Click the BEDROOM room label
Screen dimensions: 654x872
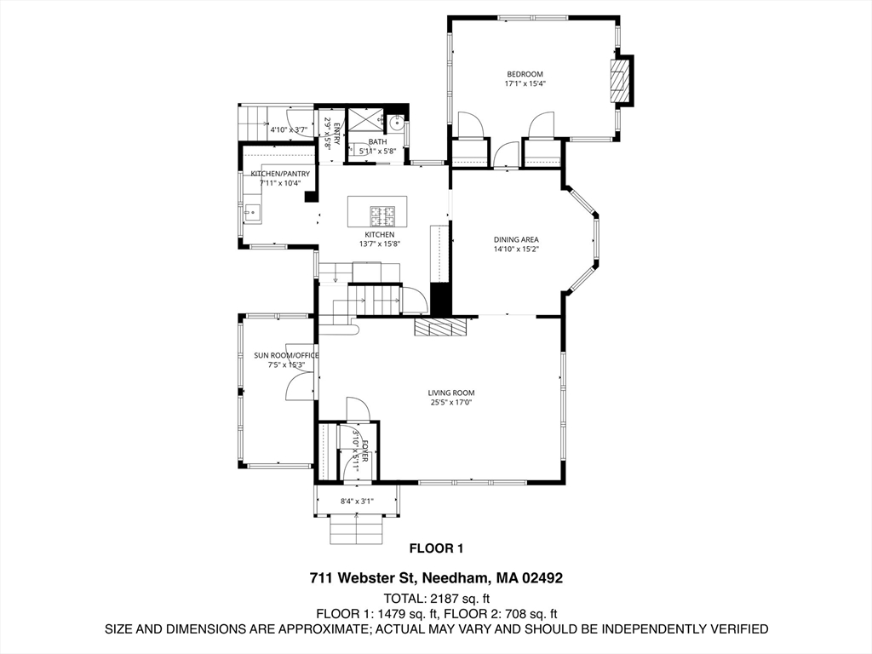point(525,74)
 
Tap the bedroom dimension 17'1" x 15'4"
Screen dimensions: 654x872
point(525,84)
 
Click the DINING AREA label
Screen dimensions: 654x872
point(516,239)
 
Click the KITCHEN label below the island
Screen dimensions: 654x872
point(379,234)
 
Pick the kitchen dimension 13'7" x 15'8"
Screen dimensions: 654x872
point(379,244)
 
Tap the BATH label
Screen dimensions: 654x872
point(377,142)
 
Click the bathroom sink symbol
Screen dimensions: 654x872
point(396,121)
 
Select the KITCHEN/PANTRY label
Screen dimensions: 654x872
point(280,174)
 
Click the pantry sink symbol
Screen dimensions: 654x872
point(252,210)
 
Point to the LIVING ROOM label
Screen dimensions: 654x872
point(451,393)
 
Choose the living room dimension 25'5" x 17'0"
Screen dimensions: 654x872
point(451,403)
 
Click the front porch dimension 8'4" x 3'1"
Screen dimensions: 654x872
point(357,502)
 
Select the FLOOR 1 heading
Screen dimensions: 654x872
point(436,548)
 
